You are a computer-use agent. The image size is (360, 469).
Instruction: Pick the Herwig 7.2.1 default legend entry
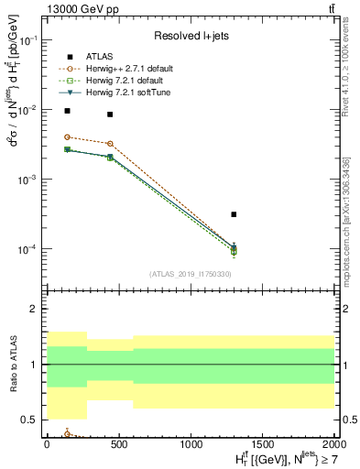[121, 81]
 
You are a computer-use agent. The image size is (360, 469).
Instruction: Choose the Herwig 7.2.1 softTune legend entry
[121, 93]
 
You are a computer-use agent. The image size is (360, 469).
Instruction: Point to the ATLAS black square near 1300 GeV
[235, 214]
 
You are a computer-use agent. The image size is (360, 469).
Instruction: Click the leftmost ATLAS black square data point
[67, 111]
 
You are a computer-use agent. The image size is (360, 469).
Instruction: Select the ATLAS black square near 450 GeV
[110, 115]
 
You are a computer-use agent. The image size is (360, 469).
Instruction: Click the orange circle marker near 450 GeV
[110, 144]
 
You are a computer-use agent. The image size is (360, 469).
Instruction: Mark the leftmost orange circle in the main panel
[67, 136]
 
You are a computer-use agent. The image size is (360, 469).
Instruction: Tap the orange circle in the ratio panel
[67, 434]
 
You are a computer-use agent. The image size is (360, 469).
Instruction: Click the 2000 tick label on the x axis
[334, 444]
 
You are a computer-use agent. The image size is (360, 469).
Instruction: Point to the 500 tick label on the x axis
[118, 444]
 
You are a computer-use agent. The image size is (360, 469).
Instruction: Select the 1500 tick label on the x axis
[262, 444]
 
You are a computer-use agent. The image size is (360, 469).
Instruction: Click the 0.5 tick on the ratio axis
[29, 420]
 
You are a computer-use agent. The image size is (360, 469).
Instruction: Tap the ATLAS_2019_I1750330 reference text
[190, 274]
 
